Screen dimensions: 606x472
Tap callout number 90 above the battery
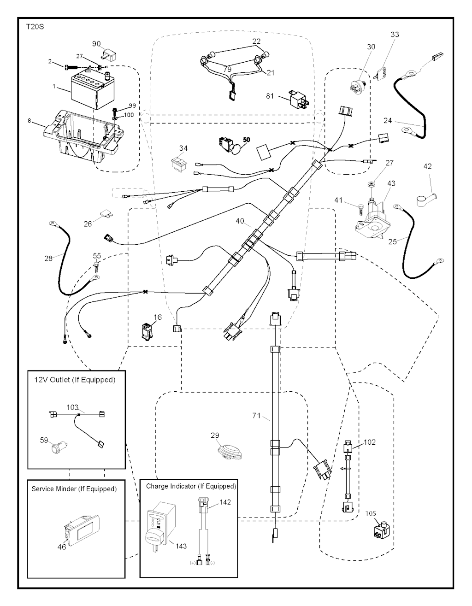coord(96,44)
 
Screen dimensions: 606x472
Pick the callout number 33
coord(395,35)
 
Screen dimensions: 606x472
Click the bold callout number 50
coord(247,139)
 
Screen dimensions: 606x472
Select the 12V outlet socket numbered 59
coord(59,447)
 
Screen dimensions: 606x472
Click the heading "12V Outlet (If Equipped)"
coord(75,380)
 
